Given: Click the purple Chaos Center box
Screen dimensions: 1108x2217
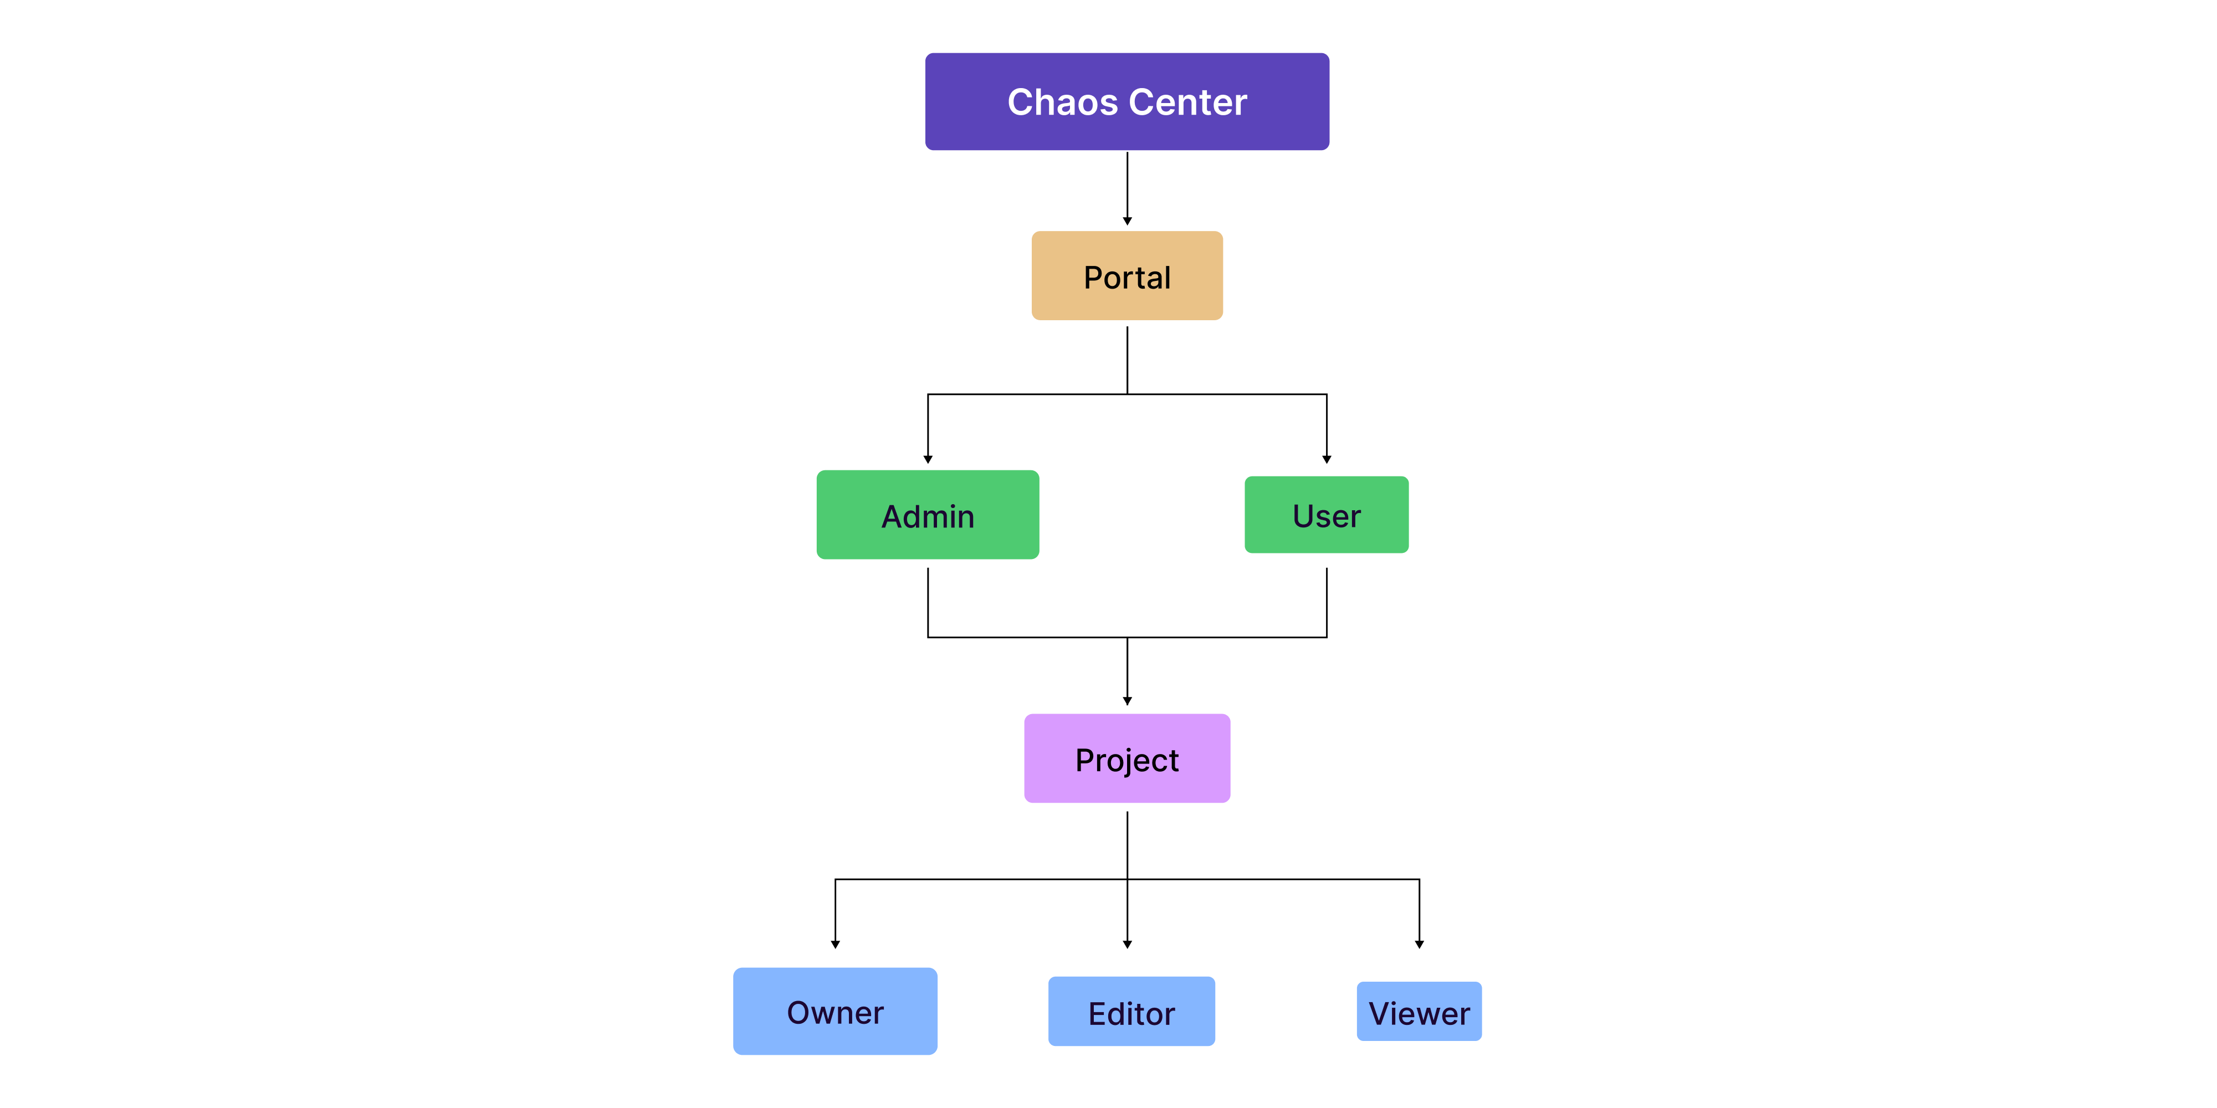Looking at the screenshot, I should coord(1127,101).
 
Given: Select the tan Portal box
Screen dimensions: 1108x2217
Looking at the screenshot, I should coord(1127,276).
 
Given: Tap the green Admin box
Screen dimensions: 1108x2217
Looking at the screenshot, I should coord(927,515).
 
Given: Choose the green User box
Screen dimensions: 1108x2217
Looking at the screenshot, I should coord(1326,515).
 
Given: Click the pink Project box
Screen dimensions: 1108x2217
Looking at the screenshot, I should coord(1127,758).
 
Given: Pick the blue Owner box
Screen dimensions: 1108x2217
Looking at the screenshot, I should coord(835,1011).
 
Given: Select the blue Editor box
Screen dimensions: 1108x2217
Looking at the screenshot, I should coord(1131,1011).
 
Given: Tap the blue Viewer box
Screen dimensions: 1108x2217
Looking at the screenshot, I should coord(1419,1011).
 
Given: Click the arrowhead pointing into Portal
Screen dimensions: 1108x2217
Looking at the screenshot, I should coord(1127,221).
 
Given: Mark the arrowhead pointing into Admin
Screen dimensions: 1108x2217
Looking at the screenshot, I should coord(928,459).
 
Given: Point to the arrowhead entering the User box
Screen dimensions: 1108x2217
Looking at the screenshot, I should coord(1326,459).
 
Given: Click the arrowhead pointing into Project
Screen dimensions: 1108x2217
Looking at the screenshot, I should coord(1127,701).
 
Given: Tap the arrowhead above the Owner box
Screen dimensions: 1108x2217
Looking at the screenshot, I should coord(835,945).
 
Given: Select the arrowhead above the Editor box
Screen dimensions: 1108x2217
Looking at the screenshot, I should coord(1127,945).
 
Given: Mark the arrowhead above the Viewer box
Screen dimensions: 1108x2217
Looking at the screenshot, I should coord(1419,945).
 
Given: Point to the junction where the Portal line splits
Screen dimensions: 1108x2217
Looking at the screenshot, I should coord(1127,394).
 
